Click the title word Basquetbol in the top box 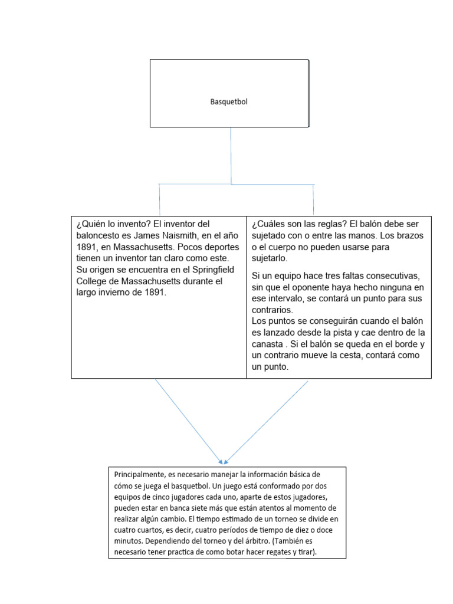click(229, 101)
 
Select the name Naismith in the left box click(191, 235)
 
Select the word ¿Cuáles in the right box click(268, 224)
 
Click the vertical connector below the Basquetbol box click(231, 155)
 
